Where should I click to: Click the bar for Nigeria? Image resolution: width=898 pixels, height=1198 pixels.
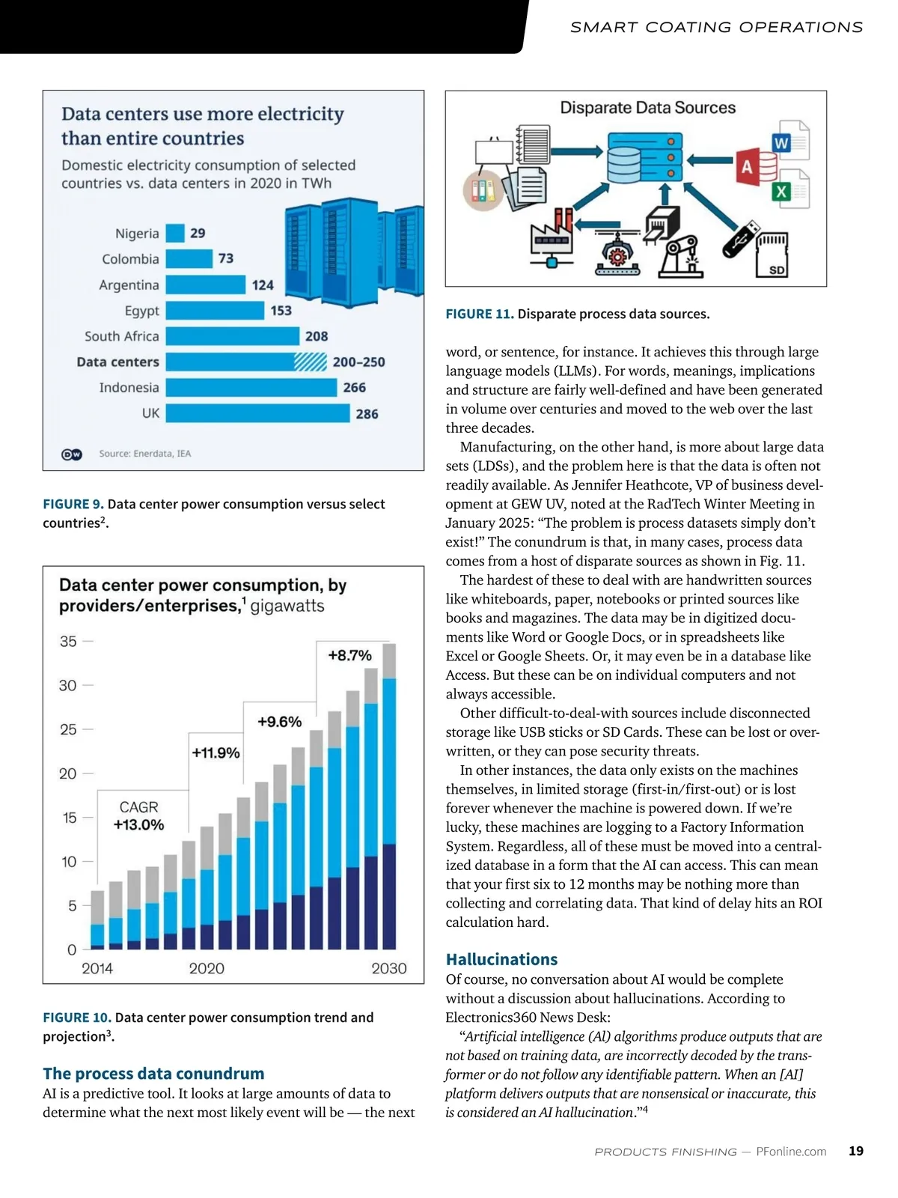click(x=175, y=234)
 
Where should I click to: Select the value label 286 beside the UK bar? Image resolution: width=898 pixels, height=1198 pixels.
click(x=367, y=414)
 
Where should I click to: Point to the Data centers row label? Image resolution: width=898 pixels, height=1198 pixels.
click(x=117, y=362)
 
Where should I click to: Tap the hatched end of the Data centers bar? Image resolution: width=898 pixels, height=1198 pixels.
click(x=310, y=362)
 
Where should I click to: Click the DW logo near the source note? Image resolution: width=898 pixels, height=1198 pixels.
click(x=72, y=454)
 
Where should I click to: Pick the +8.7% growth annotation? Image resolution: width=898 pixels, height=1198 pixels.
click(x=349, y=656)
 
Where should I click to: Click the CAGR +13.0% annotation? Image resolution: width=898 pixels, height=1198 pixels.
click(x=138, y=816)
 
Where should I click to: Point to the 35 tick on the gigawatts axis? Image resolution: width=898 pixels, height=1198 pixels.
click(x=68, y=642)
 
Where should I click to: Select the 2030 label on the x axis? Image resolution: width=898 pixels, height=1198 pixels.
click(x=388, y=969)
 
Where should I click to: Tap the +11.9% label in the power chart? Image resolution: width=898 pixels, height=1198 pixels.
click(x=216, y=753)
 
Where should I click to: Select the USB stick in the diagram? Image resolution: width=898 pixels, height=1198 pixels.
click(x=741, y=240)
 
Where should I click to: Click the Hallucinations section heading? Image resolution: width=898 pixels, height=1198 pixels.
click(x=501, y=960)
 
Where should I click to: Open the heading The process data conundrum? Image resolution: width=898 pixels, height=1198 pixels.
click(x=153, y=1074)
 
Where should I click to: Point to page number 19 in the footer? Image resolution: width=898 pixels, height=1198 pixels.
click(x=856, y=1152)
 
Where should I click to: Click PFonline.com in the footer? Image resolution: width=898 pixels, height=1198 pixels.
click(x=791, y=1152)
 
